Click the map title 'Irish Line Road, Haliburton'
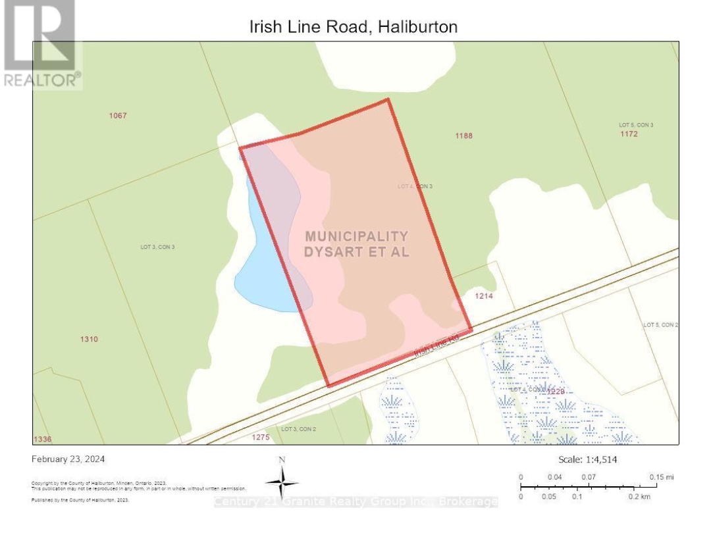pos(353,27)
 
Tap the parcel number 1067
pos(118,116)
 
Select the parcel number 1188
pos(464,136)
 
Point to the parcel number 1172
pos(629,134)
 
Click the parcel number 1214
pos(484,296)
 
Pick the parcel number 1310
pos(89,340)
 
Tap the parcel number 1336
pos(42,439)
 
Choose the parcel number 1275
pos(261,436)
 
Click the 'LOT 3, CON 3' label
pos(157,247)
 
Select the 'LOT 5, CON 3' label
pos(636,124)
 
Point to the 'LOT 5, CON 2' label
pos(660,325)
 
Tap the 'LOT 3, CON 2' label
pos(299,429)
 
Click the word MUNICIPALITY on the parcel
pos(356,236)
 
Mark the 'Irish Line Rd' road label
pos(436,345)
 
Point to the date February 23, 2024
pos(68,459)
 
